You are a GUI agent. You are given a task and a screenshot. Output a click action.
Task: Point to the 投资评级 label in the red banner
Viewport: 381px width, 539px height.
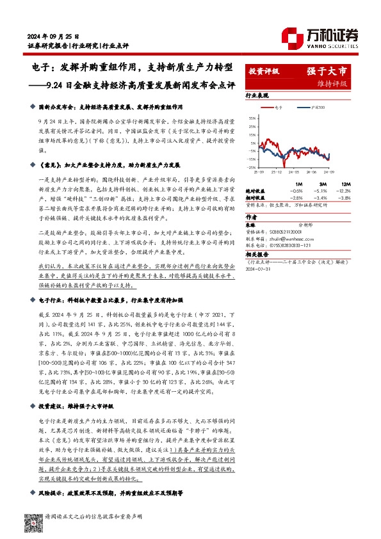[x=263, y=72]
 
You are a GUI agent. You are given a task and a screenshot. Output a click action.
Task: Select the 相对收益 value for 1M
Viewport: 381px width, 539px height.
[x=296, y=198]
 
